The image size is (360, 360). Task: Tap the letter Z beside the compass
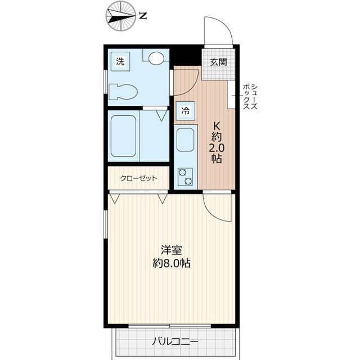click(x=143, y=16)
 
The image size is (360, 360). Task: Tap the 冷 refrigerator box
click(x=184, y=111)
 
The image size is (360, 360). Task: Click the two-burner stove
click(x=185, y=176)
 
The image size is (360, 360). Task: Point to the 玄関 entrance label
click(x=218, y=61)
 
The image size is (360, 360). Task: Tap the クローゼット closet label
click(x=138, y=179)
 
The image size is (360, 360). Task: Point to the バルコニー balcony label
click(x=175, y=341)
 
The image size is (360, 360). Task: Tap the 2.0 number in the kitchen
click(x=216, y=148)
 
